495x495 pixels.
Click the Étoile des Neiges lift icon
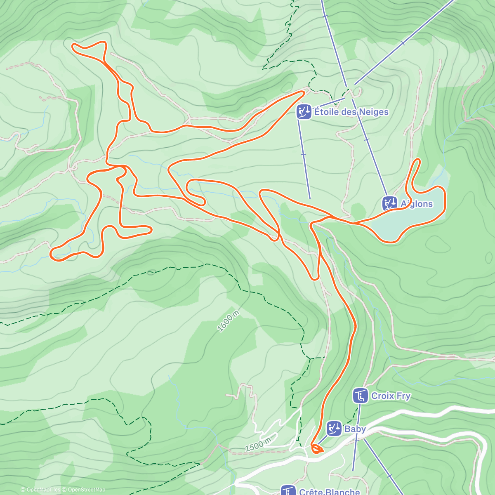pyautogui.click(x=304, y=112)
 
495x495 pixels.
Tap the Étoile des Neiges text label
pyautogui.click(x=351, y=112)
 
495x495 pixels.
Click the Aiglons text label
pyautogui.click(x=417, y=204)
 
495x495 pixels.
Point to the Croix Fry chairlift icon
pyautogui.click(x=361, y=396)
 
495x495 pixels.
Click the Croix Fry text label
pyautogui.click(x=391, y=396)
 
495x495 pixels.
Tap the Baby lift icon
pyautogui.click(x=334, y=429)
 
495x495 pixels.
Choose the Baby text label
pyautogui.click(x=355, y=429)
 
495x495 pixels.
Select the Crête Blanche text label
pyautogui.click(x=329, y=492)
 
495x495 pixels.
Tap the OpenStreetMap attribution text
pyautogui.click(x=86, y=490)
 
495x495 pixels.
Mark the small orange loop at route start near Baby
pyautogui.click(x=317, y=448)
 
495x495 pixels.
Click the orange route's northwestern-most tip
pyautogui.click(x=73, y=46)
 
